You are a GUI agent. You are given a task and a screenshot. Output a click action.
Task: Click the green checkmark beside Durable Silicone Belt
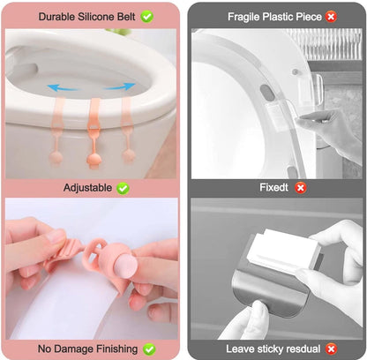pos(146,17)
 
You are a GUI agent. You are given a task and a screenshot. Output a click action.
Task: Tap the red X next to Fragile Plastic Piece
pos(331,17)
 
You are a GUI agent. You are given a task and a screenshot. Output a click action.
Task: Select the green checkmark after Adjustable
pos(123,188)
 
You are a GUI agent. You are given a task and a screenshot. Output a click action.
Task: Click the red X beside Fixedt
pos(301,188)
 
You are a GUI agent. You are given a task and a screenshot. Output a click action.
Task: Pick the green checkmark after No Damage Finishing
pos(149,349)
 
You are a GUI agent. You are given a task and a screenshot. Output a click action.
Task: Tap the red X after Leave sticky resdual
pos(332,349)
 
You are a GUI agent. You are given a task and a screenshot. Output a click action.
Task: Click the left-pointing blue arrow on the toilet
pos(63,87)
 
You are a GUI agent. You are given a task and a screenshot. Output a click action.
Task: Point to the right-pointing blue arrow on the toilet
pos(119,86)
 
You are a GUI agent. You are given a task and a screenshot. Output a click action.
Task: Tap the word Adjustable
pos(87,188)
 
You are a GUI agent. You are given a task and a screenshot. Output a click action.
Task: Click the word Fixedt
pos(273,187)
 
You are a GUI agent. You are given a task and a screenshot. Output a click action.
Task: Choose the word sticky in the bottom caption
pos(271,349)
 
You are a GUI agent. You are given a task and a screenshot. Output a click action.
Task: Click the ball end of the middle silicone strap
pos(94,161)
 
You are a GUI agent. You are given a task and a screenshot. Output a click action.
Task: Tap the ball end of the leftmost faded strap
pos(56,157)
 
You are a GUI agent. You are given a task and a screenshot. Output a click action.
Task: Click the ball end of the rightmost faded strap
pos(129,155)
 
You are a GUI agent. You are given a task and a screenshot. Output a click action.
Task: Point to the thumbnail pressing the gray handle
pos(261,309)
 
